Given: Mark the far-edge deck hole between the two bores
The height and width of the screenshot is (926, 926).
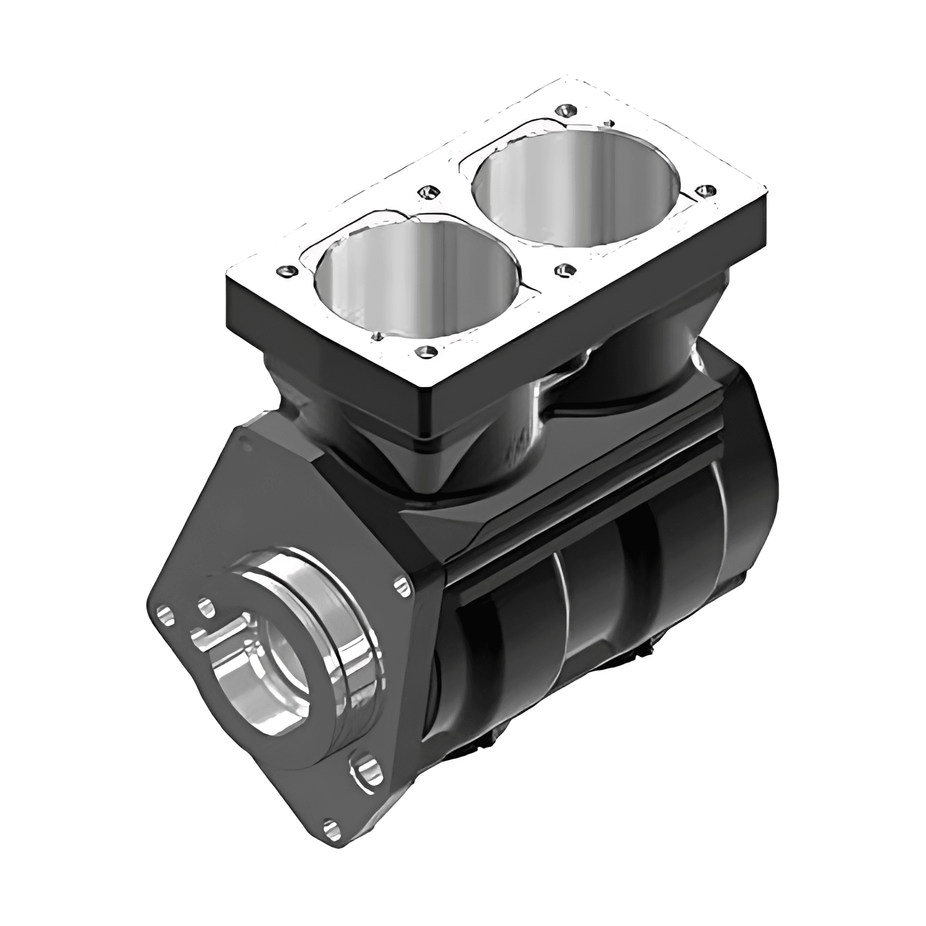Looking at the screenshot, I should (x=427, y=191).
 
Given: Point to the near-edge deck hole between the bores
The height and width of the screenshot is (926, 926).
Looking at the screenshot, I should (x=563, y=269).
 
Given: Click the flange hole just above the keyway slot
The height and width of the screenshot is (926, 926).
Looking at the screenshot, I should (x=205, y=607).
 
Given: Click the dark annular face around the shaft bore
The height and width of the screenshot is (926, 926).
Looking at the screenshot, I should (x=298, y=733).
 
